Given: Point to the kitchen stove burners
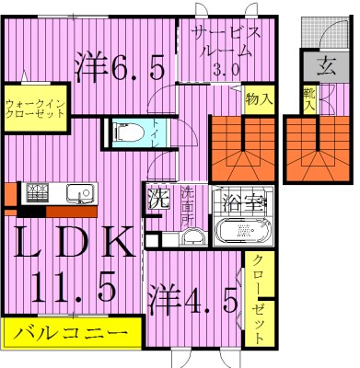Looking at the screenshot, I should [40, 194].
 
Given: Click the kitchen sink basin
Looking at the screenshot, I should [79, 194].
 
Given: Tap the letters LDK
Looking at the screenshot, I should [72, 247].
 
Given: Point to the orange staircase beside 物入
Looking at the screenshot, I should [241, 147].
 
